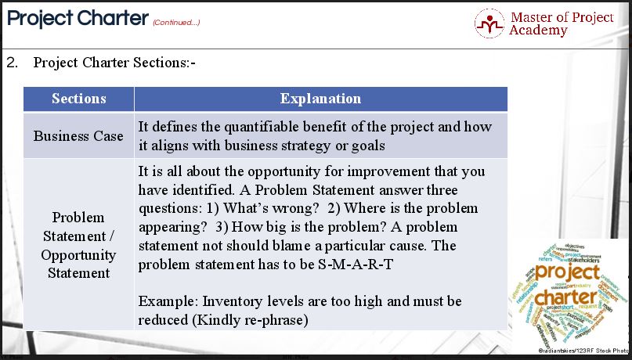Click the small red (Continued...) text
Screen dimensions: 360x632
(x=176, y=22)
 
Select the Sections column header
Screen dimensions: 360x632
(x=78, y=99)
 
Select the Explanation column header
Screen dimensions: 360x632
(x=320, y=99)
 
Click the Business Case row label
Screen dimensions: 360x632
(x=78, y=136)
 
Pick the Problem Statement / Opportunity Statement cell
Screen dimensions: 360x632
(x=78, y=245)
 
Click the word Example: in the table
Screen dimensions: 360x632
(x=166, y=301)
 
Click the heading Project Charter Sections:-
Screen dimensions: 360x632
(x=114, y=62)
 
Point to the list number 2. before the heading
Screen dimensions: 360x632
(x=12, y=62)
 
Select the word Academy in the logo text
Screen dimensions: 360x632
(x=538, y=31)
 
